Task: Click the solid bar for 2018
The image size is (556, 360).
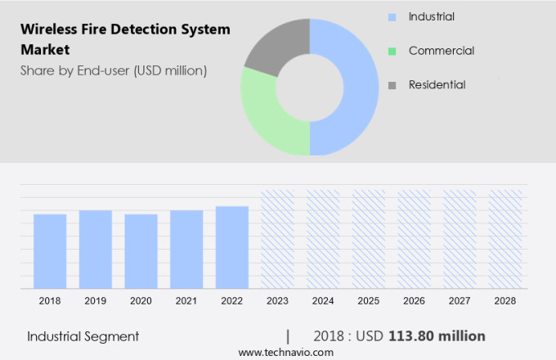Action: pyautogui.click(x=50, y=251)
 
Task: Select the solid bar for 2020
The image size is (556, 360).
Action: pyautogui.click(x=141, y=251)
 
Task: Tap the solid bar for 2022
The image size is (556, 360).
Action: pyautogui.click(x=232, y=247)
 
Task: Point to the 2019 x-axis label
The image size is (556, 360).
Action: pyautogui.click(x=95, y=301)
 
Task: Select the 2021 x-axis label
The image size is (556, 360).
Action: pyautogui.click(x=186, y=301)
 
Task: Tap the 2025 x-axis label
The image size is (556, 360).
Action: pyautogui.click(x=369, y=301)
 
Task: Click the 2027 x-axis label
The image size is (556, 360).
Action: pyautogui.click(x=460, y=301)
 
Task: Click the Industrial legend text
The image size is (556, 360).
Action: pyautogui.click(x=432, y=16)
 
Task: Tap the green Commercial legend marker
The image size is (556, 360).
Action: pyautogui.click(x=392, y=51)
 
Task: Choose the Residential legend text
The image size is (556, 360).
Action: pyautogui.click(x=437, y=84)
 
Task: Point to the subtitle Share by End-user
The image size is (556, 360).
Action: pyautogui.click(x=114, y=70)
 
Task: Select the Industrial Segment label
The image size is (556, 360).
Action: pyautogui.click(x=83, y=336)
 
